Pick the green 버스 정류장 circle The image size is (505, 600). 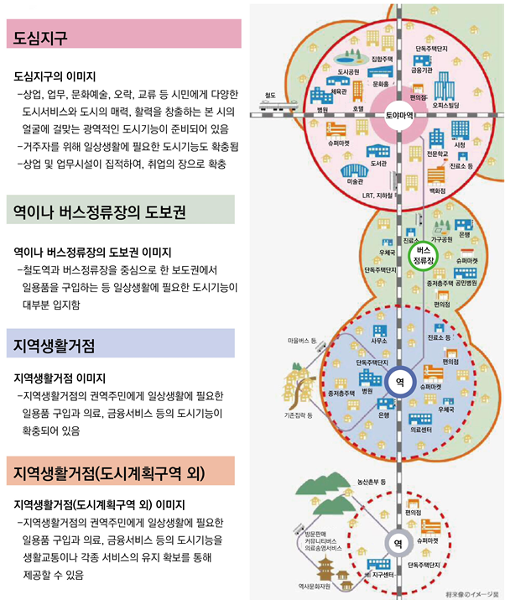pos(424,256)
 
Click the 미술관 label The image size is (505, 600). pos(355,180)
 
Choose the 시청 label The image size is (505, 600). pos(460,145)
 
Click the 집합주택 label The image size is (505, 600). pos(382,60)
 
